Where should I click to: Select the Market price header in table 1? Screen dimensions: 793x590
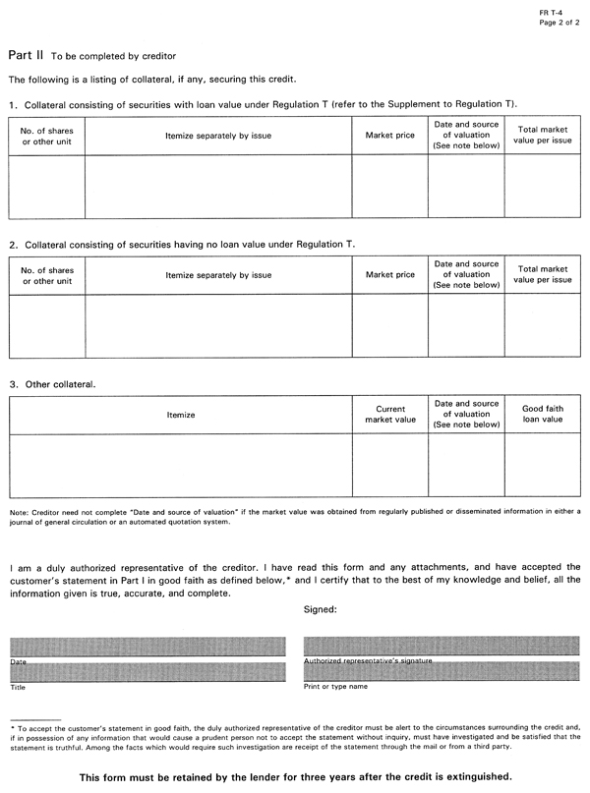pos(389,135)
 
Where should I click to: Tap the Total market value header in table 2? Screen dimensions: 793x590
pos(543,274)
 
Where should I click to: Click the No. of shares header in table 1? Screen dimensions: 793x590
pos(47,135)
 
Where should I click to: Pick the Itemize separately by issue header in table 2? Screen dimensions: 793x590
pos(218,274)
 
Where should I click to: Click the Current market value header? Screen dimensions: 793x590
pos(389,414)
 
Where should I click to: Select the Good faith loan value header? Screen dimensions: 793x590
pos(543,414)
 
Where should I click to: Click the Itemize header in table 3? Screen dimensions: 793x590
pos(181,415)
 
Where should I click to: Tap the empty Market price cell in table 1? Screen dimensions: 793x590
pos(389,186)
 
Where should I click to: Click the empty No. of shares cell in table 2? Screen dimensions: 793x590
pos(47,325)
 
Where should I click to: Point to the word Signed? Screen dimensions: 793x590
pos(322,609)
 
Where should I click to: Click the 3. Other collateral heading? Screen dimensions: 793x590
pos(52,382)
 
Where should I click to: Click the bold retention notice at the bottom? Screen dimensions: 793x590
pos(295,776)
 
